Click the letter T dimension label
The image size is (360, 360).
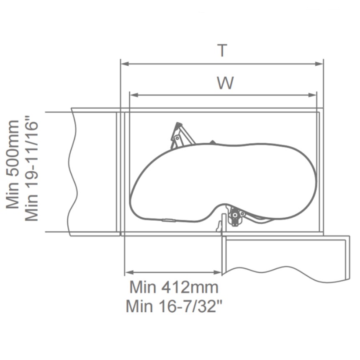(x=222, y=51)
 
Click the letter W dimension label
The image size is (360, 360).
(x=226, y=83)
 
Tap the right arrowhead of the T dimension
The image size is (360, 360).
(x=319, y=64)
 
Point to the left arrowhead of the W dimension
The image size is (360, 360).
(x=134, y=95)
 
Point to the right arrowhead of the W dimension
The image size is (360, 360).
(x=312, y=95)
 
